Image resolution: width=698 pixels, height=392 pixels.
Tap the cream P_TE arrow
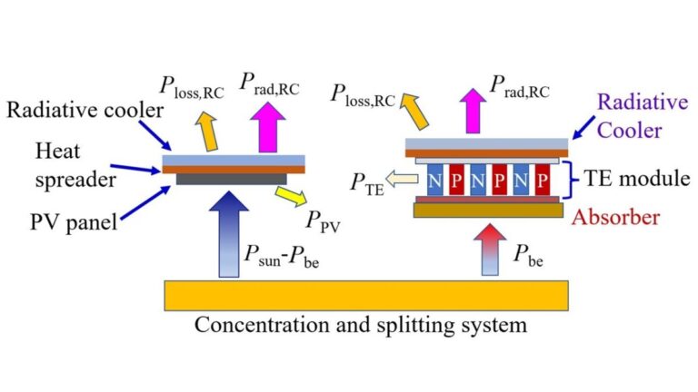click(x=402, y=179)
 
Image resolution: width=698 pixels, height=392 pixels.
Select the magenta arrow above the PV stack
click(x=267, y=127)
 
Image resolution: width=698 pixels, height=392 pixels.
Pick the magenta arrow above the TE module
click(x=473, y=111)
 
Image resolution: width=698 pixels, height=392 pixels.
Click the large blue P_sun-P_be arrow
click(x=229, y=235)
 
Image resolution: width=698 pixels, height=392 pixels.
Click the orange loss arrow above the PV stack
click(x=207, y=132)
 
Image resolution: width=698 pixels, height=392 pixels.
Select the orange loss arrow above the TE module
click(x=414, y=111)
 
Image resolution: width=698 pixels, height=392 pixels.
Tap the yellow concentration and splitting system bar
click(x=366, y=296)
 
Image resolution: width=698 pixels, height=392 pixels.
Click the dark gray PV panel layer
click(x=232, y=179)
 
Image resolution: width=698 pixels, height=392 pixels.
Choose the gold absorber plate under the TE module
click(x=488, y=211)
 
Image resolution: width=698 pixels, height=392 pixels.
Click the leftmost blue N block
click(x=434, y=180)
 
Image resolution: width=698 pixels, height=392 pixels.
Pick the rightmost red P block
click(x=543, y=180)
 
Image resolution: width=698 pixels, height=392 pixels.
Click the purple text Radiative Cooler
click(x=643, y=116)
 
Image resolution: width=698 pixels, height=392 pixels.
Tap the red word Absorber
click(x=615, y=218)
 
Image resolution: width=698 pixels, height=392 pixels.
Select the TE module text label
click(x=636, y=179)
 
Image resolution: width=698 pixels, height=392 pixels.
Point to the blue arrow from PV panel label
click(x=145, y=202)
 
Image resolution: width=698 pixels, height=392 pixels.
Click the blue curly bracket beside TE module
click(x=571, y=180)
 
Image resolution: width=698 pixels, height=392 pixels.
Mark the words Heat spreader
click(x=75, y=165)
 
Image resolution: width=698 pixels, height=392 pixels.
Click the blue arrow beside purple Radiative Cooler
click(x=583, y=128)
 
